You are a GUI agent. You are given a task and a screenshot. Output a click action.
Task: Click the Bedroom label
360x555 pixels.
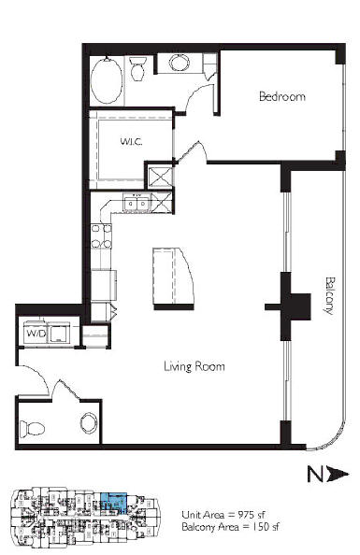(x=282, y=96)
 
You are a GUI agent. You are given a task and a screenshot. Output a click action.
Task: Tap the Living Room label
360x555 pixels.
(x=194, y=366)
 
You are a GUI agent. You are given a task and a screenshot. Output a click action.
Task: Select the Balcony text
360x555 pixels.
(x=329, y=295)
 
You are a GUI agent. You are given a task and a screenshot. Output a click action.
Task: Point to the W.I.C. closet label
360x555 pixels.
(x=131, y=142)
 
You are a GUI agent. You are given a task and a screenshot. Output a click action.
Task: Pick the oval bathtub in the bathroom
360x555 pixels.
(x=106, y=80)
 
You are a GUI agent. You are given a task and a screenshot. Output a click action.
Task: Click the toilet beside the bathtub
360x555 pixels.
(x=137, y=68)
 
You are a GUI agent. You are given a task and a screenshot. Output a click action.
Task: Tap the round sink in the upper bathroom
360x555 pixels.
(x=179, y=63)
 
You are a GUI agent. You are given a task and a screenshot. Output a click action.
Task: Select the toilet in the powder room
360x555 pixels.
(x=32, y=429)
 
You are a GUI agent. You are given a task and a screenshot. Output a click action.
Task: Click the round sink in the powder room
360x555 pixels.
(x=89, y=422)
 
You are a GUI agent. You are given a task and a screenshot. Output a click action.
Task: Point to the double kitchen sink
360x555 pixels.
(x=137, y=204)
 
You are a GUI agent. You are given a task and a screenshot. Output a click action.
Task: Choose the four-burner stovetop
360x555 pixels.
(x=101, y=236)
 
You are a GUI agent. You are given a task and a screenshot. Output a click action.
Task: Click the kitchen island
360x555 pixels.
(x=174, y=277)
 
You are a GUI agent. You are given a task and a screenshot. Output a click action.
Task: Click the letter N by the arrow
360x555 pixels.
(x=315, y=475)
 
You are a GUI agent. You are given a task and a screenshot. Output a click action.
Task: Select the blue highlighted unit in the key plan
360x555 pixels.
(x=114, y=502)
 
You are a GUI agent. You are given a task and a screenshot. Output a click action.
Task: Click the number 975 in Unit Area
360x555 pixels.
(x=247, y=515)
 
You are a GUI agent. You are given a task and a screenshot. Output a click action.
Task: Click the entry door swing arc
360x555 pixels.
(x=39, y=377)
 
